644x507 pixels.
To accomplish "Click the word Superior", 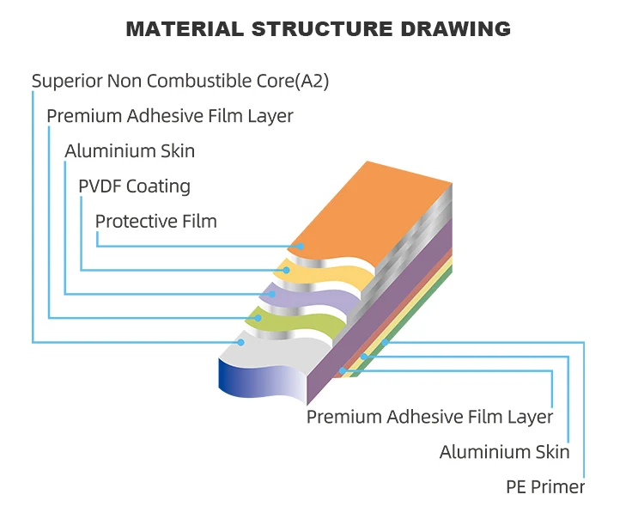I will [66, 82].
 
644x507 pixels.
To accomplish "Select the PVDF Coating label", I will [134, 186].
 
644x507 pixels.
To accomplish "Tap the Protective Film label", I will [155, 221].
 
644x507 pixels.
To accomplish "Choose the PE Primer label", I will [545, 487].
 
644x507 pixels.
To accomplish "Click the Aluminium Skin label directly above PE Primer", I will [504, 452].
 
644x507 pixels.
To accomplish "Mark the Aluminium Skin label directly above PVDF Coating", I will [130, 151].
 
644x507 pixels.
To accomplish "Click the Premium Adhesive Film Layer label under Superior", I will [169, 116].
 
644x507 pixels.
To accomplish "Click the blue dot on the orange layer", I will [301, 246].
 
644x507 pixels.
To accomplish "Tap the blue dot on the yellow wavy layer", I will [287, 271].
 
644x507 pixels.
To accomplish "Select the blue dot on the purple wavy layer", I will [272, 295].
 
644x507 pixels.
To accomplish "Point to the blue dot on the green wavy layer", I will [257, 318].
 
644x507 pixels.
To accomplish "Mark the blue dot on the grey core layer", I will [241, 342].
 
